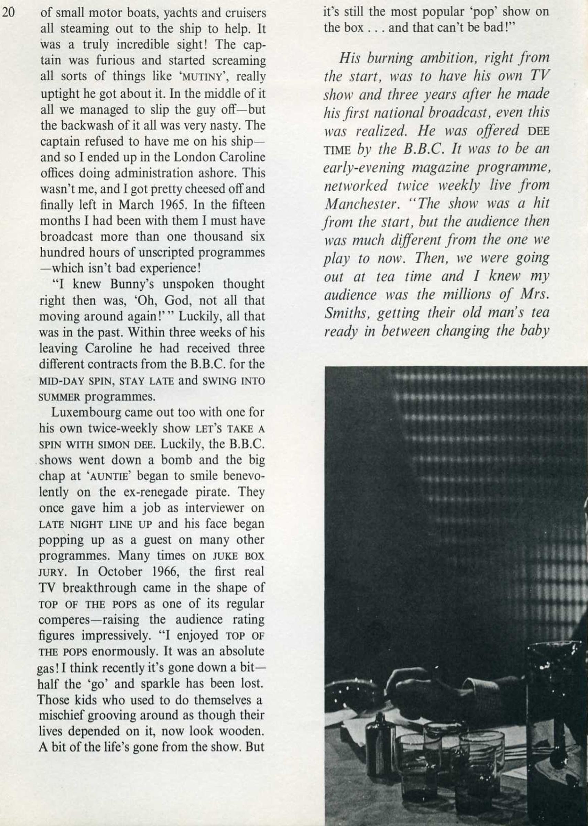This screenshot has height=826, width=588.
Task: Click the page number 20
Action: click(8, 13)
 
